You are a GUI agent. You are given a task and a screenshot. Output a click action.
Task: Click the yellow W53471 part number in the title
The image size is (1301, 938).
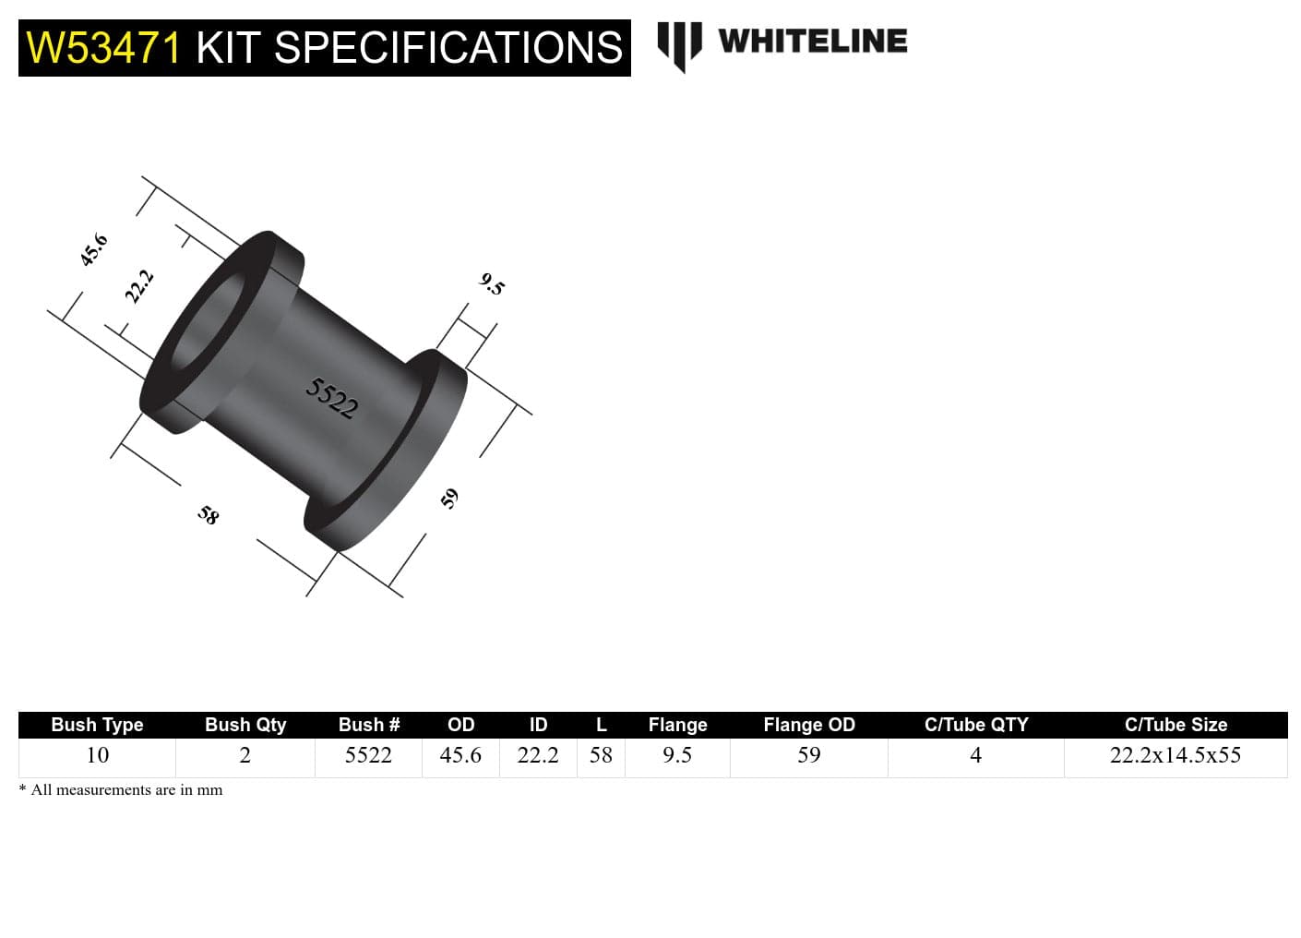103,48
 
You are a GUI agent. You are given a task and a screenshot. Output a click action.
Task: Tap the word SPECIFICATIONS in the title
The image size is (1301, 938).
448,48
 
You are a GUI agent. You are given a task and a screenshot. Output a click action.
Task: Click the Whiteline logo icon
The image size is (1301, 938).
679,44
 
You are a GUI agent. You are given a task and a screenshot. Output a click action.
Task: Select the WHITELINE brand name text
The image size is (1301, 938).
812,42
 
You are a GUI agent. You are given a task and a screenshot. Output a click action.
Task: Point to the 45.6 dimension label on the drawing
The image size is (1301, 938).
94,250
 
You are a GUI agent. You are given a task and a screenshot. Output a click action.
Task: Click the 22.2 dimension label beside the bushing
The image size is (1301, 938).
139,286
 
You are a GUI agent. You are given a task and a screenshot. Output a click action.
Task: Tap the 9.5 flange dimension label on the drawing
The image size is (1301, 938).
493,284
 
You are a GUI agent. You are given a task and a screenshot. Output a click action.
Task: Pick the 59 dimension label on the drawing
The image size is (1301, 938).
449,499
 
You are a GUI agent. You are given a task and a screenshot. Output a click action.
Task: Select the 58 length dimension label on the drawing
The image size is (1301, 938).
209,514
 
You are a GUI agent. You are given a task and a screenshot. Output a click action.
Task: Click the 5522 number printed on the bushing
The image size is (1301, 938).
331,398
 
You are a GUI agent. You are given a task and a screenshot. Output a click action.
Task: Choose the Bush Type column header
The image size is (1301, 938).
97,725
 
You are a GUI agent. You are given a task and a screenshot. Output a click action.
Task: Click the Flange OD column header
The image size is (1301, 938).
808,725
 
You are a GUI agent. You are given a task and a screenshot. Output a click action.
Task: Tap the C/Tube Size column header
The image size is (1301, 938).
1176,725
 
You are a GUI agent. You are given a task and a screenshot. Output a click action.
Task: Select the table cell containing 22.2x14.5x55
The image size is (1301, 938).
1175,755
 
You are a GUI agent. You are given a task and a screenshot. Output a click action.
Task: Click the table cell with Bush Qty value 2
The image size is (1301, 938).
245,755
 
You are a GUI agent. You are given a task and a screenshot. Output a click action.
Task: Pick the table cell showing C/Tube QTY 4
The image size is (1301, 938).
975,755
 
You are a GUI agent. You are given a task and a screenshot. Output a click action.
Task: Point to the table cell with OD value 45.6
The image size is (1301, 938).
460,755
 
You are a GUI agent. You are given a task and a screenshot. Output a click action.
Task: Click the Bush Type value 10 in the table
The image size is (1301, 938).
97,755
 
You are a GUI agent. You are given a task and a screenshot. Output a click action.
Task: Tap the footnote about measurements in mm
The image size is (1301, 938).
121,790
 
